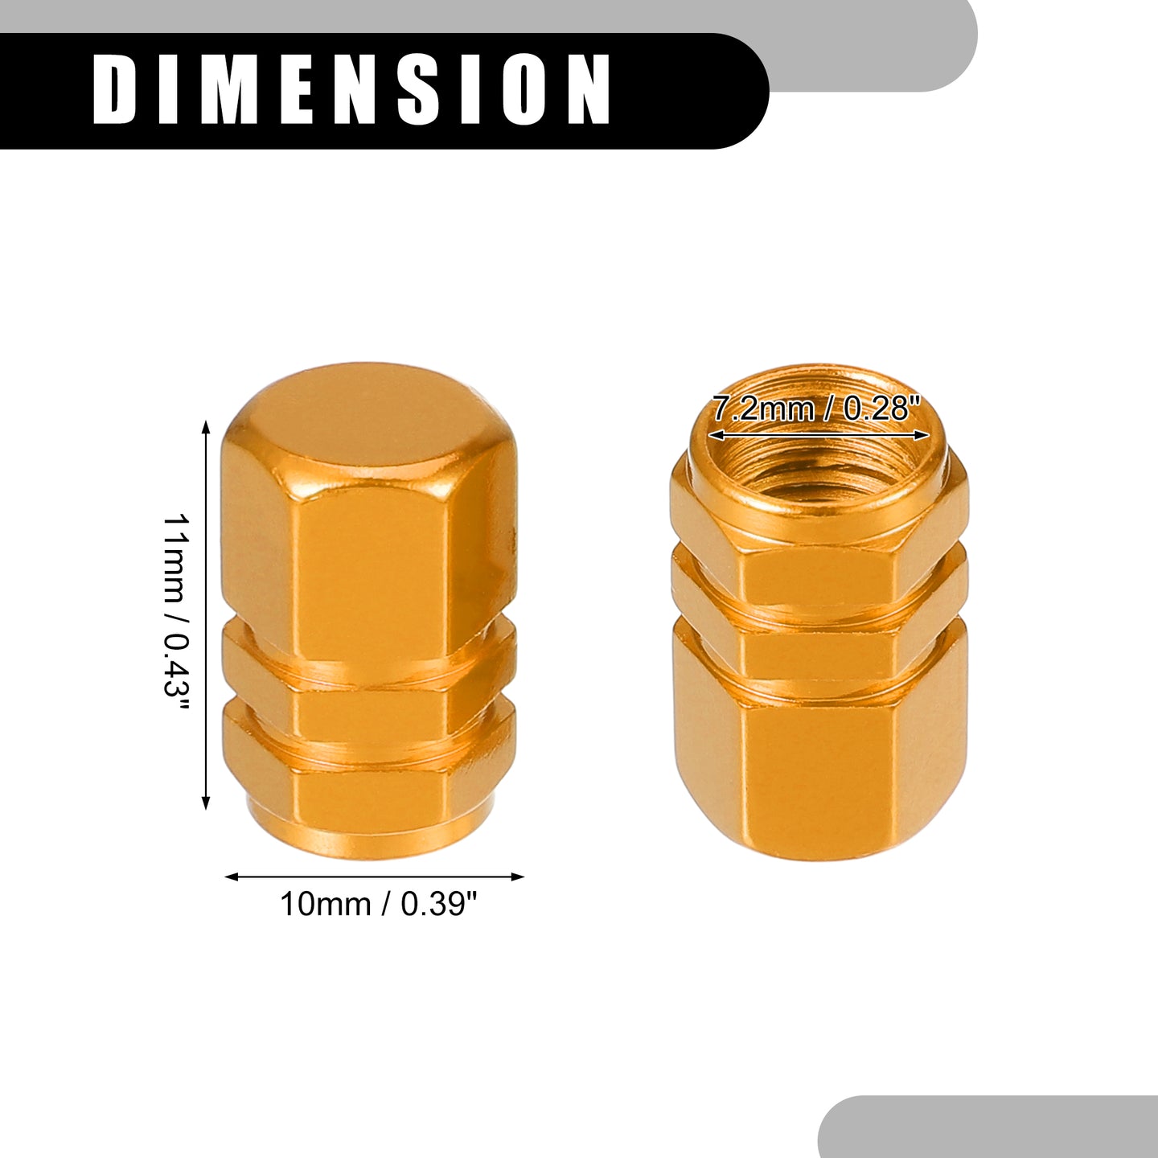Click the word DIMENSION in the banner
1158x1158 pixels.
click(352, 90)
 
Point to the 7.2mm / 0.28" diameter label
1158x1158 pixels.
click(816, 409)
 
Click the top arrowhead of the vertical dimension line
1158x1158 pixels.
click(206, 428)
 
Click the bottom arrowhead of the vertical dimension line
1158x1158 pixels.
click(206, 803)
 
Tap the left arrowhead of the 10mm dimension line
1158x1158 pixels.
click(232, 877)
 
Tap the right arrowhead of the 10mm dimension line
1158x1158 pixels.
click(518, 877)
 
